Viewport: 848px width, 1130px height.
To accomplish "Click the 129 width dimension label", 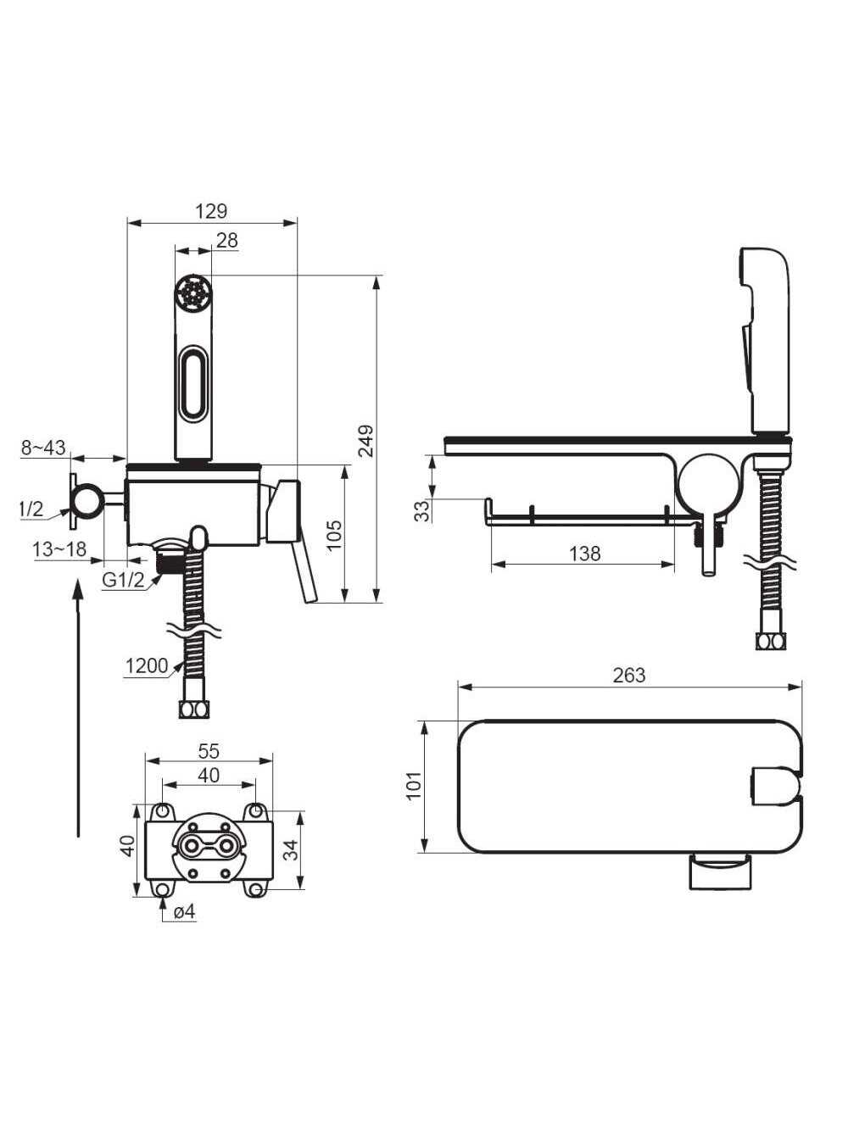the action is tap(212, 211).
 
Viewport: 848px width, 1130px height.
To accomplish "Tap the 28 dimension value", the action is tap(227, 241).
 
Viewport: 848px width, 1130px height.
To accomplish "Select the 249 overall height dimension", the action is tap(366, 441).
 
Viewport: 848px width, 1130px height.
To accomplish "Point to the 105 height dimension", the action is tap(334, 536).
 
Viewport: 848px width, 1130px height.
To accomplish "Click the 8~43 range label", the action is tap(43, 448).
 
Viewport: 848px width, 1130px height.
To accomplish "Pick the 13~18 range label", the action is tap(59, 548).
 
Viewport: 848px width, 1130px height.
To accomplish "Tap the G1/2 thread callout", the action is tap(123, 580).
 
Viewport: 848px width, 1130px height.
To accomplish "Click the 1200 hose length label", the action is tap(147, 666).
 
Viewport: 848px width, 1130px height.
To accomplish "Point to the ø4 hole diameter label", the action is tap(186, 912).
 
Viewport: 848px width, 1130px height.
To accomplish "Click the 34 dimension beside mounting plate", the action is tap(291, 850).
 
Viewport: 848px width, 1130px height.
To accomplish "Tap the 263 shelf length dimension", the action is tap(629, 676).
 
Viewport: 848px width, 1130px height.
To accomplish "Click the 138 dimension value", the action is tap(585, 554).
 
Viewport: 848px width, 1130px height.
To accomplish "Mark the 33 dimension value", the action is tap(421, 511).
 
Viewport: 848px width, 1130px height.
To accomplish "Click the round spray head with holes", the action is tap(193, 292).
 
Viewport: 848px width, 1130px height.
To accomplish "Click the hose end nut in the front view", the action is tap(194, 710).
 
